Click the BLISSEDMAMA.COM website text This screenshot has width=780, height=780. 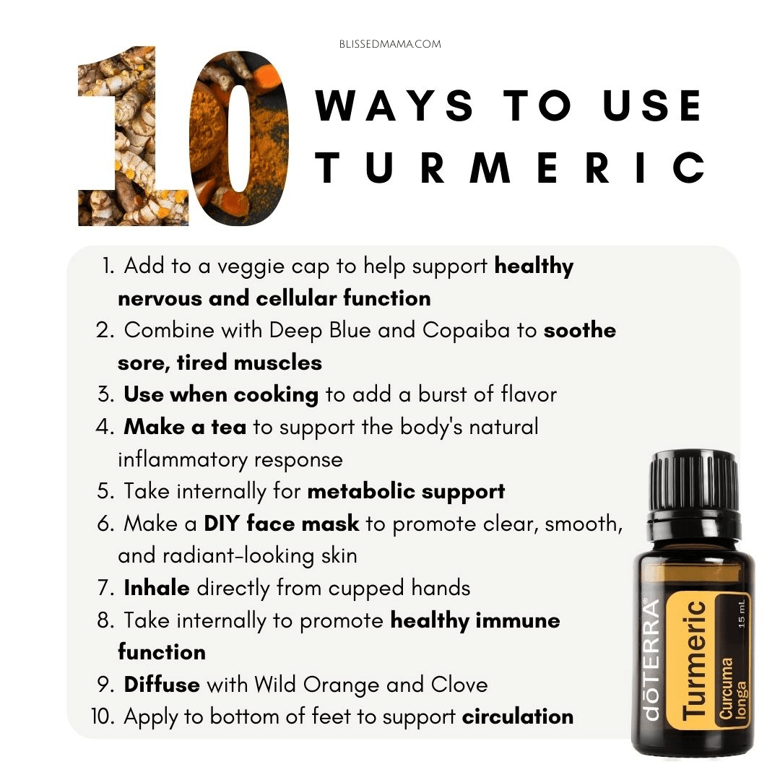[x=390, y=44]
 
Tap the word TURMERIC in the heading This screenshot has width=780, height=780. [x=510, y=168]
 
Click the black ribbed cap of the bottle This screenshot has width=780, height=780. [x=693, y=482]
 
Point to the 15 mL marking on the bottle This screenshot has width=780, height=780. [x=741, y=613]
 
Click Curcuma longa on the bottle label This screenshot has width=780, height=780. [x=733, y=689]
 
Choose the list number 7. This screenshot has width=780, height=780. [x=106, y=588]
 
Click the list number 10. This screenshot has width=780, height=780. [x=103, y=717]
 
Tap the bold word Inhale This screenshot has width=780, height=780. [x=157, y=588]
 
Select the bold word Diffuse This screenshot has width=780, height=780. [x=162, y=685]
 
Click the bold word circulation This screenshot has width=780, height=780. [x=518, y=717]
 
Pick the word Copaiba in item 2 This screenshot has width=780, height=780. [x=466, y=330]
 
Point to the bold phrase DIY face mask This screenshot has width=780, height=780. [x=282, y=524]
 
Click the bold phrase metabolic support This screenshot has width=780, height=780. [x=406, y=492]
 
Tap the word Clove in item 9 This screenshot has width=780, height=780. [x=459, y=685]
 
